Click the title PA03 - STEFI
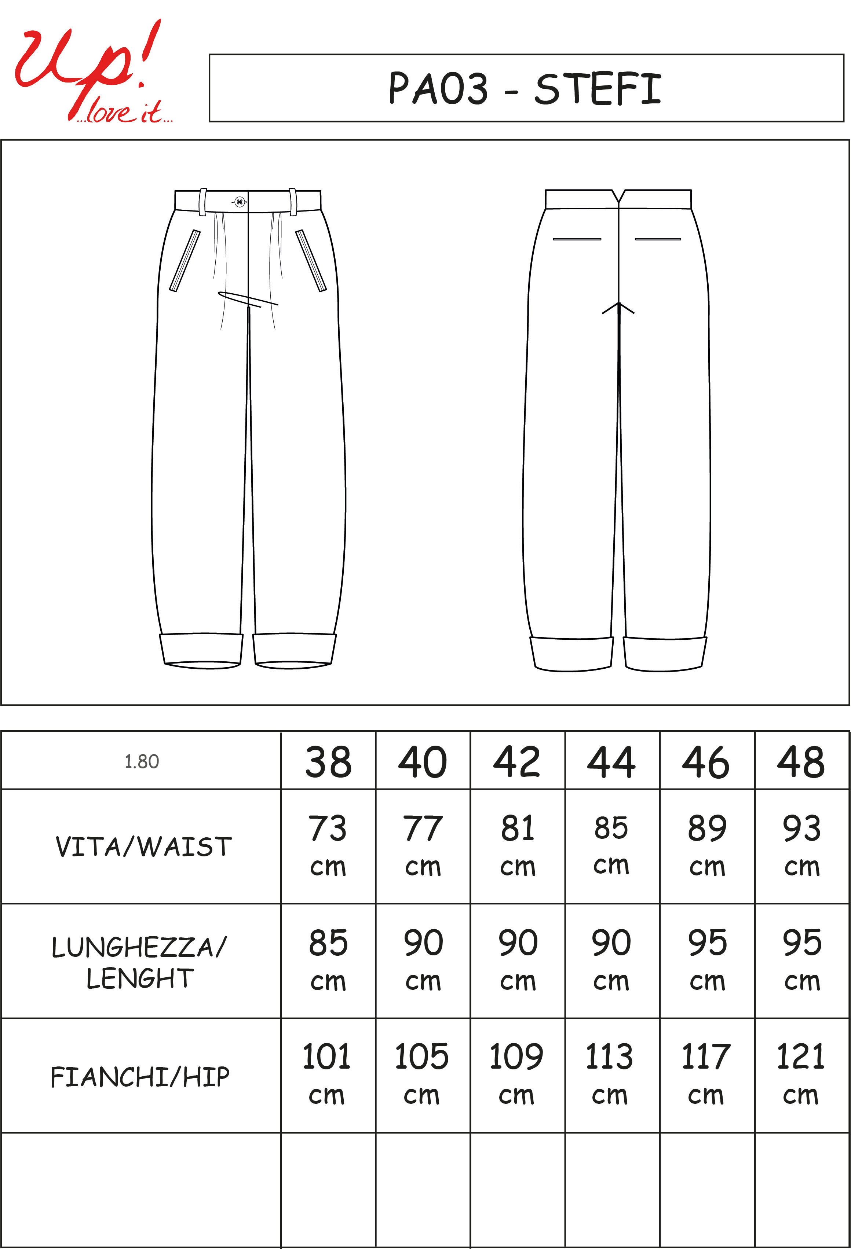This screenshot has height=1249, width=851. [x=525, y=89]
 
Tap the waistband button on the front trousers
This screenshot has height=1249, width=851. [x=240, y=202]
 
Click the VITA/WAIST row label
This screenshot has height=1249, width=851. [x=143, y=847]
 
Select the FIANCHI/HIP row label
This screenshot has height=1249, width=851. [x=140, y=1076]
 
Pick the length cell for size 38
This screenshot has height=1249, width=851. [x=328, y=960]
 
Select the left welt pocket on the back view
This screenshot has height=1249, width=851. [x=577, y=239]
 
